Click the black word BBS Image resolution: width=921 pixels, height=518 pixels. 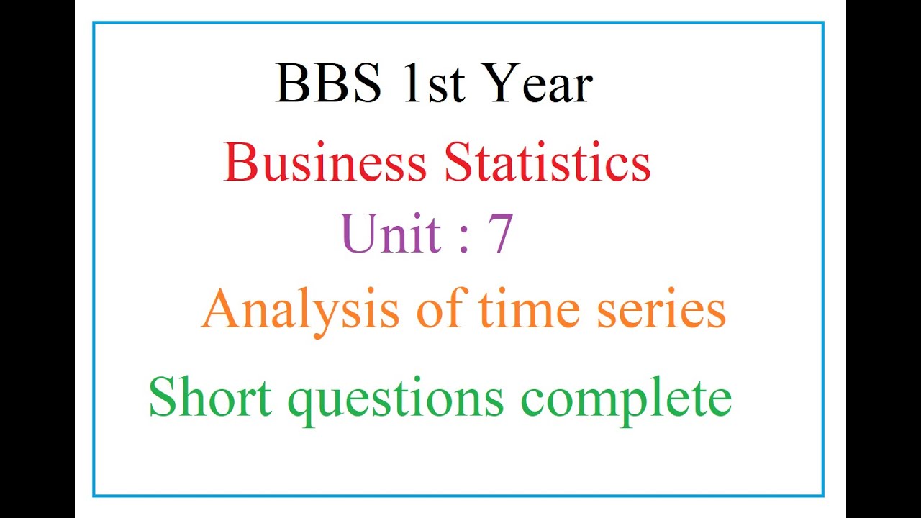[x=328, y=83]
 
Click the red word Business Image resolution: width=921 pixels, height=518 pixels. [x=325, y=163]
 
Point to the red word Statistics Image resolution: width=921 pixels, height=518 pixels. [x=548, y=163]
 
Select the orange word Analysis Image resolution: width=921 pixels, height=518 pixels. [x=300, y=311]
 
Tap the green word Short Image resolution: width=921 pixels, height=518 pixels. [x=210, y=397]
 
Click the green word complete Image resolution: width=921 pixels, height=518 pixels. [x=626, y=399]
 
